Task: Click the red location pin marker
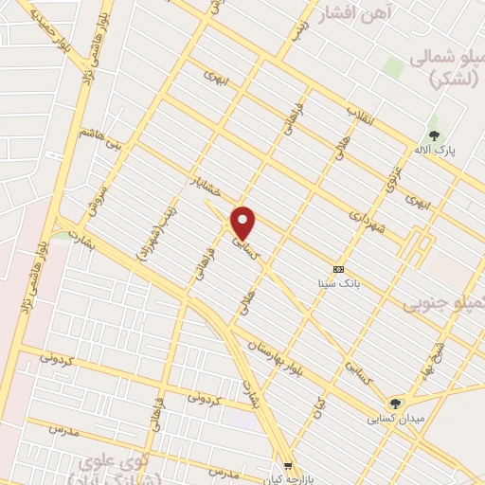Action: [243, 223]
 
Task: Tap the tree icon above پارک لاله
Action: [434, 135]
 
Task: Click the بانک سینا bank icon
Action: [338, 269]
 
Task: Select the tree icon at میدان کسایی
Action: [396, 404]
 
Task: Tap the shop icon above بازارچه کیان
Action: [289, 465]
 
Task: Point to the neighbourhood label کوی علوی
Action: [142, 465]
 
